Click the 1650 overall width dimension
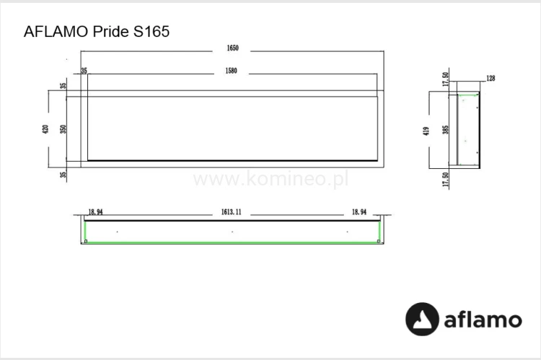(x=232, y=49)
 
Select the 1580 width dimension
(x=232, y=71)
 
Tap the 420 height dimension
(x=45, y=130)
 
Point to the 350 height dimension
(x=63, y=130)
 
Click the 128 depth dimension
(x=491, y=79)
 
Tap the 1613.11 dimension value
(x=232, y=213)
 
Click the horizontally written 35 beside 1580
(x=84, y=71)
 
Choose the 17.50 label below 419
(x=445, y=180)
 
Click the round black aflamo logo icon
(x=423, y=319)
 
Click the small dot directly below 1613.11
(x=232, y=232)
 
